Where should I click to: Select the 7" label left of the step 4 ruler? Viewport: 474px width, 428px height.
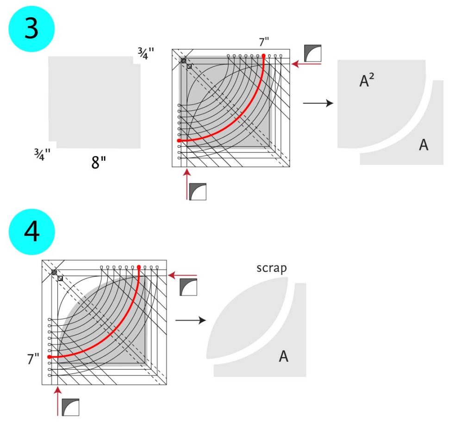pyautogui.click(x=33, y=359)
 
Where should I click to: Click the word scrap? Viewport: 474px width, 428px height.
pyautogui.click(x=272, y=268)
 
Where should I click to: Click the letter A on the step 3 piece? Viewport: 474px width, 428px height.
pyautogui.click(x=424, y=145)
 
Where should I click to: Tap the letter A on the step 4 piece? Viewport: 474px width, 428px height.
pyautogui.click(x=284, y=356)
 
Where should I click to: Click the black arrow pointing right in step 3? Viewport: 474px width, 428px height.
pyautogui.click(x=318, y=103)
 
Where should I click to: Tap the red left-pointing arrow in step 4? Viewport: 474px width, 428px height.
pyautogui.click(x=182, y=275)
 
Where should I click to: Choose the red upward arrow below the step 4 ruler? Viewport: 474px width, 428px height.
pyautogui.click(x=58, y=401)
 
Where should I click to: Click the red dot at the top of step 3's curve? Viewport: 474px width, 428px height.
pyautogui.click(x=264, y=56)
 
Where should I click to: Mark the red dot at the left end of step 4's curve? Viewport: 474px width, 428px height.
pyautogui.click(x=49, y=357)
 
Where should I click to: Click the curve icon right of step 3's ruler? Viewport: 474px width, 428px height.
pyautogui.click(x=313, y=53)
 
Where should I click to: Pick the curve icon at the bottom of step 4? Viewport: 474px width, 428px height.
pyautogui.click(x=70, y=407)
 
